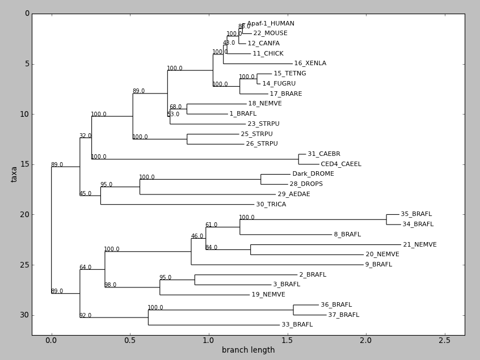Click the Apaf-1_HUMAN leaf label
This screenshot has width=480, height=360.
(x=271, y=24)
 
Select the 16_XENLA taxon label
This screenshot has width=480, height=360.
(x=310, y=63)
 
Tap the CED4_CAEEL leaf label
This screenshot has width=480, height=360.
(x=341, y=164)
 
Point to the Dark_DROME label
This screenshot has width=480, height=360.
(x=313, y=174)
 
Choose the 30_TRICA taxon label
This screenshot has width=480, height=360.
(x=271, y=205)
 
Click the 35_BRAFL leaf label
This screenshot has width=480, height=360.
(x=416, y=214)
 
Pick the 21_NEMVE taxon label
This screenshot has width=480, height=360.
(x=420, y=245)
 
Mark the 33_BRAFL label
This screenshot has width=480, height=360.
(x=297, y=325)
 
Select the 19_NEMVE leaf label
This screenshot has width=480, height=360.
(x=268, y=295)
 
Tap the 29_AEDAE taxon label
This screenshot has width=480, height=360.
(x=294, y=194)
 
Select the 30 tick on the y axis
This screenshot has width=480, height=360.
(x=24, y=315)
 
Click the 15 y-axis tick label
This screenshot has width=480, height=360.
(x=24, y=164)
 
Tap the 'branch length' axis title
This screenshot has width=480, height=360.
(x=248, y=350)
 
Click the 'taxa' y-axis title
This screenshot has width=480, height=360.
(x=14, y=174)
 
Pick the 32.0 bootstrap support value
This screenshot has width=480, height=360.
(x=85, y=136)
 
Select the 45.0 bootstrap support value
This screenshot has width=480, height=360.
(x=85, y=194)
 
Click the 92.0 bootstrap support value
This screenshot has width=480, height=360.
(x=85, y=316)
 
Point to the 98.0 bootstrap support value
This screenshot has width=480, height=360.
(x=110, y=285)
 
